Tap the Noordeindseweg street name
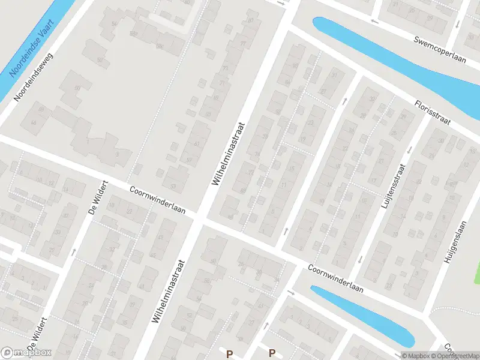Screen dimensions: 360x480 point(34,77)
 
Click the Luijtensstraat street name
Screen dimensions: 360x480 point(393,186)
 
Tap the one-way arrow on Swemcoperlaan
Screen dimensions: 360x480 point(374,22)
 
